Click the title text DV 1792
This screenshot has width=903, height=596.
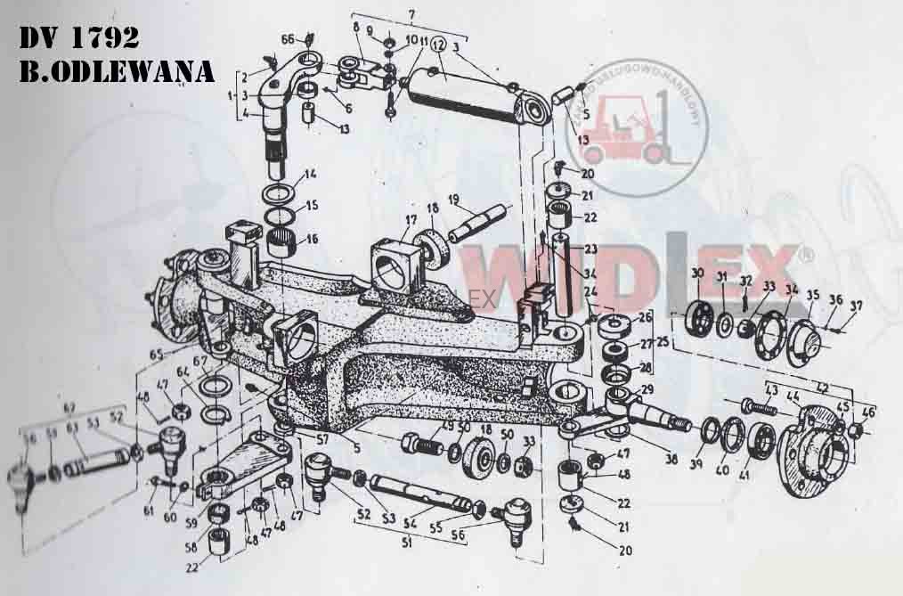(x=78, y=38)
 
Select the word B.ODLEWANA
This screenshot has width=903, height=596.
(x=117, y=72)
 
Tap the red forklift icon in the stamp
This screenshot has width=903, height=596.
(x=635, y=131)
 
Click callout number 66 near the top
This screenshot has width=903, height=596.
(x=288, y=39)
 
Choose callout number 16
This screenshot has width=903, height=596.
(x=312, y=239)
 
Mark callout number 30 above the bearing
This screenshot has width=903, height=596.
(x=697, y=273)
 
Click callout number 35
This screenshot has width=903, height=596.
(x=812, y=294)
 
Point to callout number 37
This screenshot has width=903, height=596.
(x=857, y=307)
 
